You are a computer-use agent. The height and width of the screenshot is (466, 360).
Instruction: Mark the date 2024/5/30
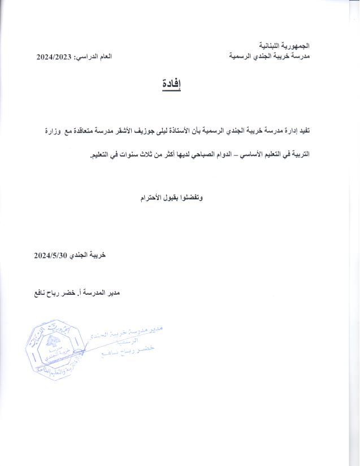tap(51, 255)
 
